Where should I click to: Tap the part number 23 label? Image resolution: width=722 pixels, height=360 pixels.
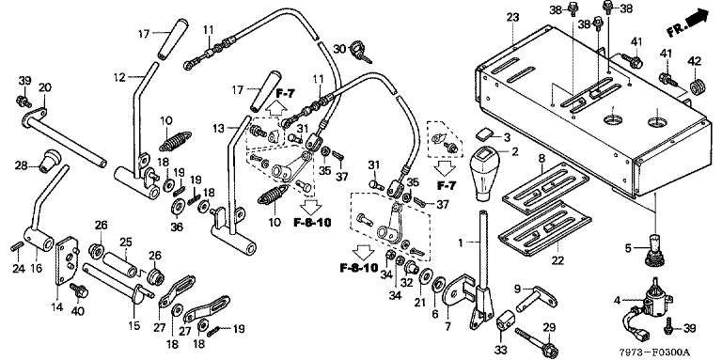pos(512,18)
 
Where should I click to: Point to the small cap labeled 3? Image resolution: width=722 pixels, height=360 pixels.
pos(484,134)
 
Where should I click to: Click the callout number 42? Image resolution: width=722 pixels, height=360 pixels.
pos(695,61)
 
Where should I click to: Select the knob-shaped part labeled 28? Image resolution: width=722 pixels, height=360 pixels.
pos(51,160)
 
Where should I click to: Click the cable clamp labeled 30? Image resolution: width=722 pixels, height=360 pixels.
pos(359,50)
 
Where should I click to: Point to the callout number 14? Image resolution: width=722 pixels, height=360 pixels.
pos(57,306)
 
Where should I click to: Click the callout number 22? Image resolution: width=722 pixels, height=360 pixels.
pos(557,260)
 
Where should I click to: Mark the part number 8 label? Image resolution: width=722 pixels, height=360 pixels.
pos(541,158)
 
